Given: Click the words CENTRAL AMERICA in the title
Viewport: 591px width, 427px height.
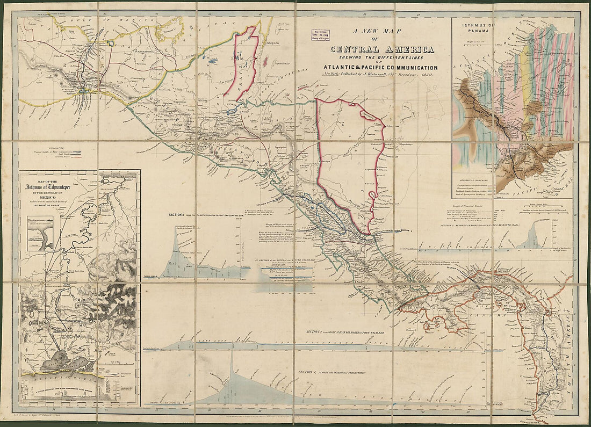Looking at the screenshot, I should [x=383, y=50].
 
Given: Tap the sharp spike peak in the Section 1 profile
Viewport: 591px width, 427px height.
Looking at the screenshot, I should [x=232, y=349].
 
